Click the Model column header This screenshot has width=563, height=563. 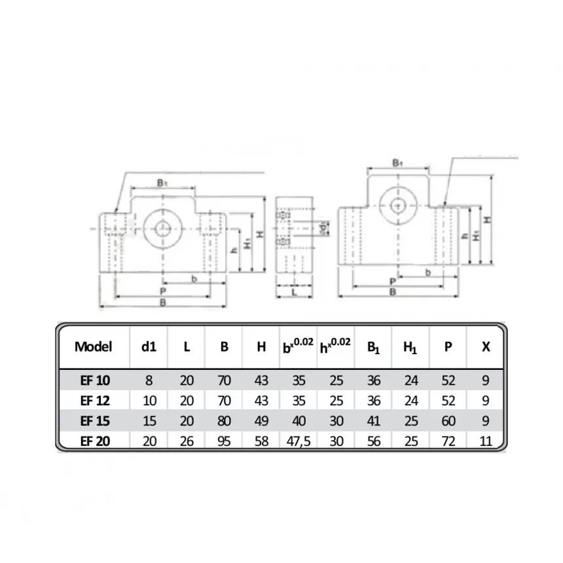pos(93,347)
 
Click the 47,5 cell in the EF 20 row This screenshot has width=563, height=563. pos(299,441)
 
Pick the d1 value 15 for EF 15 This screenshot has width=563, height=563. pos(149,421)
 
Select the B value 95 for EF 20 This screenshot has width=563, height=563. pos(224,441)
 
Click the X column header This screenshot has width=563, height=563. pos(485,347)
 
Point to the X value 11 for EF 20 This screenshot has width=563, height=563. pos(485,441)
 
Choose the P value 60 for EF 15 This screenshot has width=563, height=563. pos(448,421)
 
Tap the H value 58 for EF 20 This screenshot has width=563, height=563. pos(261,441)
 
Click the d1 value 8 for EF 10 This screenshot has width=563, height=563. pos(149,380)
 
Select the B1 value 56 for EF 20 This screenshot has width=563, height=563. pos(373,441)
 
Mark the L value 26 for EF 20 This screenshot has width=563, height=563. pos(187,441)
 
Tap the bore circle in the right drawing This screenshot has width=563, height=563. pos(397,205)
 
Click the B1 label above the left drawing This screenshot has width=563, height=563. pos(161,184)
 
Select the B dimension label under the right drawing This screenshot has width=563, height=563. pos(393,292)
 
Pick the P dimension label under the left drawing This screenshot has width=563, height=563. pos(162,291)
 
